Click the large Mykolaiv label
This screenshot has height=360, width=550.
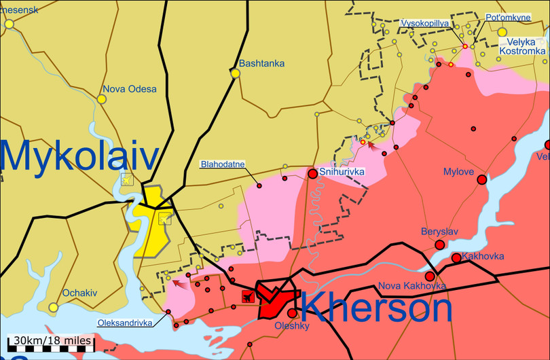(79, 156)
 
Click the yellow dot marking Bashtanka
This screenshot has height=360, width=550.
(236, 73)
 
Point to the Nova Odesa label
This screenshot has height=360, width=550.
(129, 89)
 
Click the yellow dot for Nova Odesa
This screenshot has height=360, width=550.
(101, 99)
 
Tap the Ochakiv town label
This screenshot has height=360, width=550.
(80, 293)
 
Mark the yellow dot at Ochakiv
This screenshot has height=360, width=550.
(54, 307)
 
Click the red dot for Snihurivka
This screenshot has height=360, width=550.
(312, 174)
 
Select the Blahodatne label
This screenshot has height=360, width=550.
(222, 164)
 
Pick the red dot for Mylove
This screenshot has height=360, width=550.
(482, 180)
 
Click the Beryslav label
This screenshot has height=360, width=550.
(439, 232)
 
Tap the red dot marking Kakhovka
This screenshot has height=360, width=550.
(456, 258)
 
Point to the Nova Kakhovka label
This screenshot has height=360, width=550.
(412, 285)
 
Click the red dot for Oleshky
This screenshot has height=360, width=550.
(292, 313)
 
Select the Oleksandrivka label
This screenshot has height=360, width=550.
(125, 323)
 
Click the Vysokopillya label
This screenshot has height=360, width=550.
(424, 23)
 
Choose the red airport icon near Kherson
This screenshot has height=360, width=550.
(247, 295)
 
